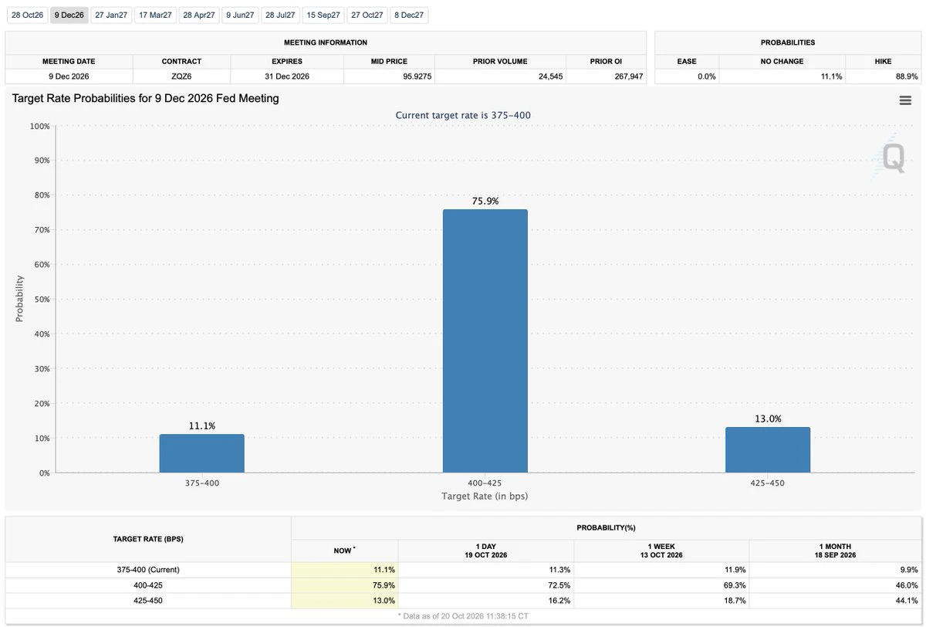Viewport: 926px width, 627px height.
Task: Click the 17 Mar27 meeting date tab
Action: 155,15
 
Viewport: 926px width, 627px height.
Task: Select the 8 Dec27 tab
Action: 409,15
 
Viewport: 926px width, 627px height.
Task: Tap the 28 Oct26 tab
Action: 27,15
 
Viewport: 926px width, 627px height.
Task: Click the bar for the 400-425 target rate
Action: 485,341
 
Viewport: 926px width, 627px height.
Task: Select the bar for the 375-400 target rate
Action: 201,453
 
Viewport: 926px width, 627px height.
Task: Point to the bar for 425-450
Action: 768,449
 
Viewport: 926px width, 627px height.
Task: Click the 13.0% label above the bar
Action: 768,419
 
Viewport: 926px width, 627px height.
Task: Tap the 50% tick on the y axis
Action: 42,299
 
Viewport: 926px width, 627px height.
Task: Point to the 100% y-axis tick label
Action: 39,126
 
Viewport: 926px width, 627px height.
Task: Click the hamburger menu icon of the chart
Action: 905,100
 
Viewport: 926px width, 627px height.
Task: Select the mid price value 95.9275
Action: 417,76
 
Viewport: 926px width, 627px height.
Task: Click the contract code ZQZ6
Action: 181,76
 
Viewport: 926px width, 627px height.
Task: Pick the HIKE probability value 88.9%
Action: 907,76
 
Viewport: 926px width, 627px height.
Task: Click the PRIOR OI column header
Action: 606,61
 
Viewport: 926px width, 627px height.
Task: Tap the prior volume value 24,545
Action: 550,76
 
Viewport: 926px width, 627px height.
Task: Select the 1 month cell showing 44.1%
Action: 907,601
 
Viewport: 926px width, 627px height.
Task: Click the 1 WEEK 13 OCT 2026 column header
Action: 661,551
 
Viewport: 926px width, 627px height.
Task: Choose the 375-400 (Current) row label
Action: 148,570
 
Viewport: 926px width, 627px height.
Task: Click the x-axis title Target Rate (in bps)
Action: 485,496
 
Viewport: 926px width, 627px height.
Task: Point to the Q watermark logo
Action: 893,158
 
